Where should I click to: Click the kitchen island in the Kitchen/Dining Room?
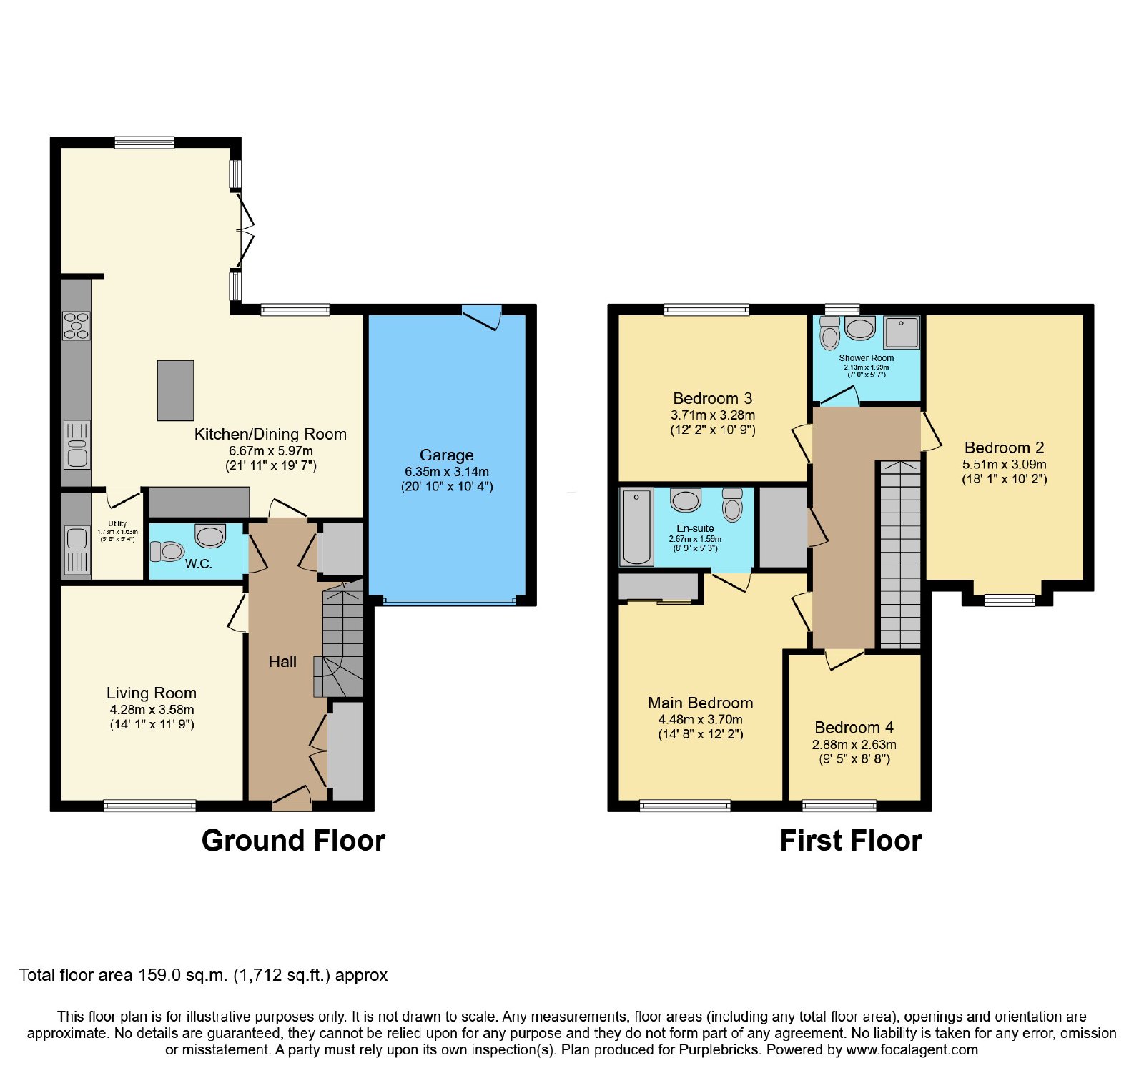click(175, 390)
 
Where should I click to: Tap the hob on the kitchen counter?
click(77, 325)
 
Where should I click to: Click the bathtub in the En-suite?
click(636, 527)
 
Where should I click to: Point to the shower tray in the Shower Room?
click(902, 332)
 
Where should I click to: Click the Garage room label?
click(446, 455)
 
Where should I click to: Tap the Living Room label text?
click(152, 693)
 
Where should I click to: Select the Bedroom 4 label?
click(854, 727)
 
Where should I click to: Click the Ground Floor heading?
click(293, 841)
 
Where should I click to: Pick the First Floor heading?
click(851, 841)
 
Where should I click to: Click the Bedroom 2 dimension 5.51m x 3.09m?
click(1004, 464)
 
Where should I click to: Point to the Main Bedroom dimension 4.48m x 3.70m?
click(700, 719)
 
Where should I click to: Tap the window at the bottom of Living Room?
click(149, 806)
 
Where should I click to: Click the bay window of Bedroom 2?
click(1010, 600)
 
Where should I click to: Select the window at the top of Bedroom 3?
click(706, 310)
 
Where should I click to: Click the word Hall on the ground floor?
click(282, 662)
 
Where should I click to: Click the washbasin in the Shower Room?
click(859, 328)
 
